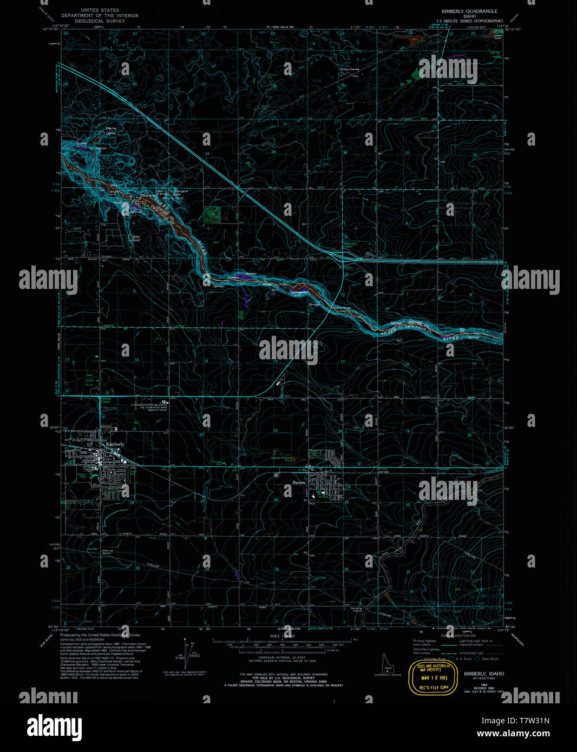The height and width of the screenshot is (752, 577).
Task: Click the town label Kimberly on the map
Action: click(x=115, y=444)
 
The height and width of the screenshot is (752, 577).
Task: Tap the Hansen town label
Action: click(x=299, y=482)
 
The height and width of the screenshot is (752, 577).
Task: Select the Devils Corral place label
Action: click(x=110, y=130)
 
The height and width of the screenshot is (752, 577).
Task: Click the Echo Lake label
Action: click(x=133, y=238)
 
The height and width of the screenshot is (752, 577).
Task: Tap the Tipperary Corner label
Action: click(x=350, y=245)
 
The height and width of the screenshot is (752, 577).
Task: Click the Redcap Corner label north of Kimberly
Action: click(x=106, y=400)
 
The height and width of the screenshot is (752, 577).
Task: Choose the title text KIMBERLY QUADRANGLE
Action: click(x=469, y=11)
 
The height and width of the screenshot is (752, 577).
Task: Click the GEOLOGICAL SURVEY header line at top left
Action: click(x=100, y=21)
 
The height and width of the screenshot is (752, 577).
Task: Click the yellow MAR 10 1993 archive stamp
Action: click(x=432, y=677)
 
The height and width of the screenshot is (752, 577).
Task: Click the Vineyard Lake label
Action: click(x=181, y=192)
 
